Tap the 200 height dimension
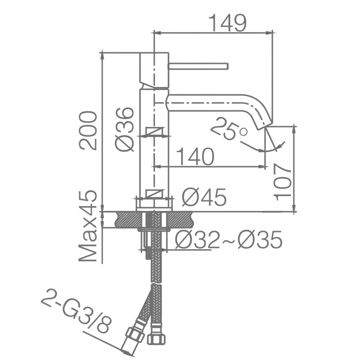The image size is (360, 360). point(88,131)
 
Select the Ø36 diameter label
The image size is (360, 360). point(125,129)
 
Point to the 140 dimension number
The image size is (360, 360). point(196,156)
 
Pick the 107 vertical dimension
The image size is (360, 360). point(282,182)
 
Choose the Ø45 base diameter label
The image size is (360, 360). point(204,197)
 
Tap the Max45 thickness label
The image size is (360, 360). point(88,226)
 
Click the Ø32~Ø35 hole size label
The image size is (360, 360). point(228,240)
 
